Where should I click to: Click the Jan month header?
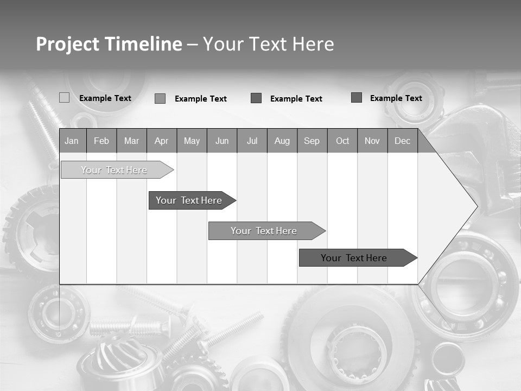click(x=72, y=141)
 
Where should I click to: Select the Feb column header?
click(x=101, y=141)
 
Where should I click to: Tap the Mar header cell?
click(x=131, y=141)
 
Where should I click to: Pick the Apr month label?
click(x=161, y=141)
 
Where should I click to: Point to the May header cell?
click(x=192, y=141)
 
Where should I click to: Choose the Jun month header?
click(x=222, y=141)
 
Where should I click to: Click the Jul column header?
click(x=252, y=141)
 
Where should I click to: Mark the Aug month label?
click(x=282, y=141)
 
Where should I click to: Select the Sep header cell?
click(x=312, y=141)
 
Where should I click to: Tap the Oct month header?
click(x=342, y=141)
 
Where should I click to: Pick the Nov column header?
click(x=372, y=141)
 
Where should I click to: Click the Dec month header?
click(x=402, y=141)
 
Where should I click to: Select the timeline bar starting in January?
click(x=114, y=170)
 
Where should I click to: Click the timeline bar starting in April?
click(x=189, y=200)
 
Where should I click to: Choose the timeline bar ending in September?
click(x=264, y=231)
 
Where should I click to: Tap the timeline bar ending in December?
click(x=354, y=258)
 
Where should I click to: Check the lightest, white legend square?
click(x=64, y=98)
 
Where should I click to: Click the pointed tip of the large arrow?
click(x=476, y=206)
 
